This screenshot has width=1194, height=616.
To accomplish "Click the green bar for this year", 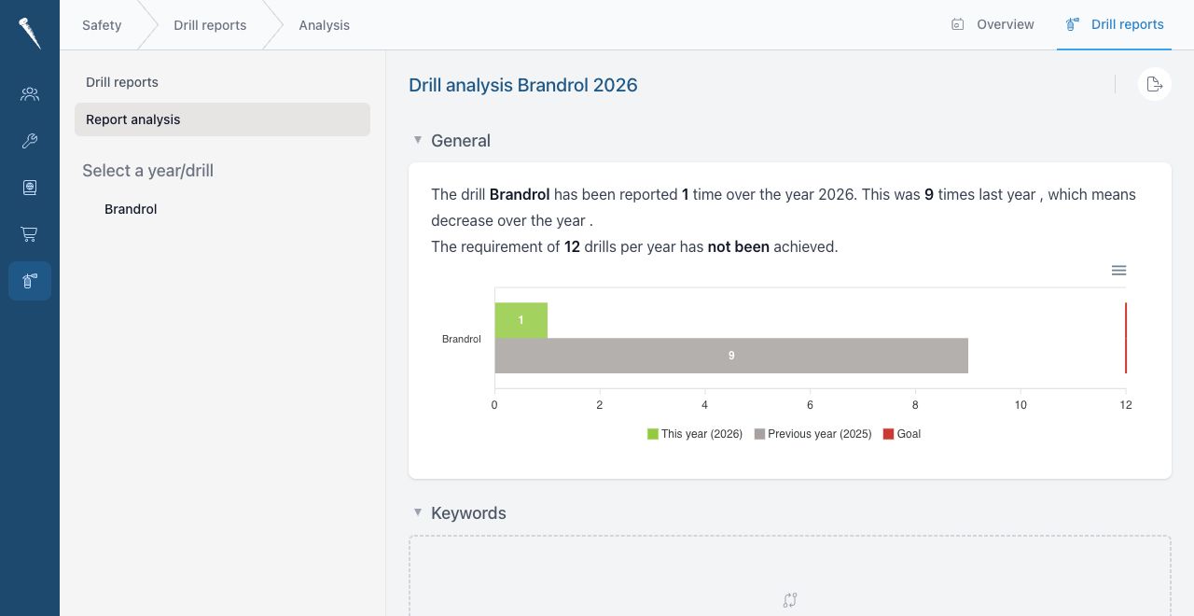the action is (521, 320).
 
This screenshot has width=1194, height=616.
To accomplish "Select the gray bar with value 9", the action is (731, 356).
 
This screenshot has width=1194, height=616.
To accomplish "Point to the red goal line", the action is (1126, 338).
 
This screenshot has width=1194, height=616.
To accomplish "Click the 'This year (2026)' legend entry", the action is (695, 434).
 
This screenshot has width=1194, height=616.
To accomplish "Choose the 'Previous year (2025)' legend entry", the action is (812, 434).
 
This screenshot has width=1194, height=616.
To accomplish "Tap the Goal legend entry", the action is (902, 434).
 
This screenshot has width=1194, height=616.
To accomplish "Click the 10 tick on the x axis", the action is (1020, 405).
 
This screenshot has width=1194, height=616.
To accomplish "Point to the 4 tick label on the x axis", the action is (704, 405).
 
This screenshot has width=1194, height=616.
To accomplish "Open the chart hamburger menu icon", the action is (1118, 271).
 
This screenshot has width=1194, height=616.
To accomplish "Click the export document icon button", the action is (1155, 84).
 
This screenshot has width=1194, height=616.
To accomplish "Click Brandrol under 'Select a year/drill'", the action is (131, 209).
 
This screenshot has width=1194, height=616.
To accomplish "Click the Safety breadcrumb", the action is (102, 25).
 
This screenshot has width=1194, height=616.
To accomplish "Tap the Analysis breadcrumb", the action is (324, 25).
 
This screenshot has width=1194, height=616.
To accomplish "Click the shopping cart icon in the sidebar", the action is (29, 234).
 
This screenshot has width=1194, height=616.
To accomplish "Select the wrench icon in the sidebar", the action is (29, 141).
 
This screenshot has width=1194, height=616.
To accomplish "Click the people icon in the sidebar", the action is (29, 94).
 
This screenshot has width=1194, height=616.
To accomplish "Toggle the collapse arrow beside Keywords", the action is (418, 512).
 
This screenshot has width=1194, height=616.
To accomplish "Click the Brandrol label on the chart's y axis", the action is (462, 339).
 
